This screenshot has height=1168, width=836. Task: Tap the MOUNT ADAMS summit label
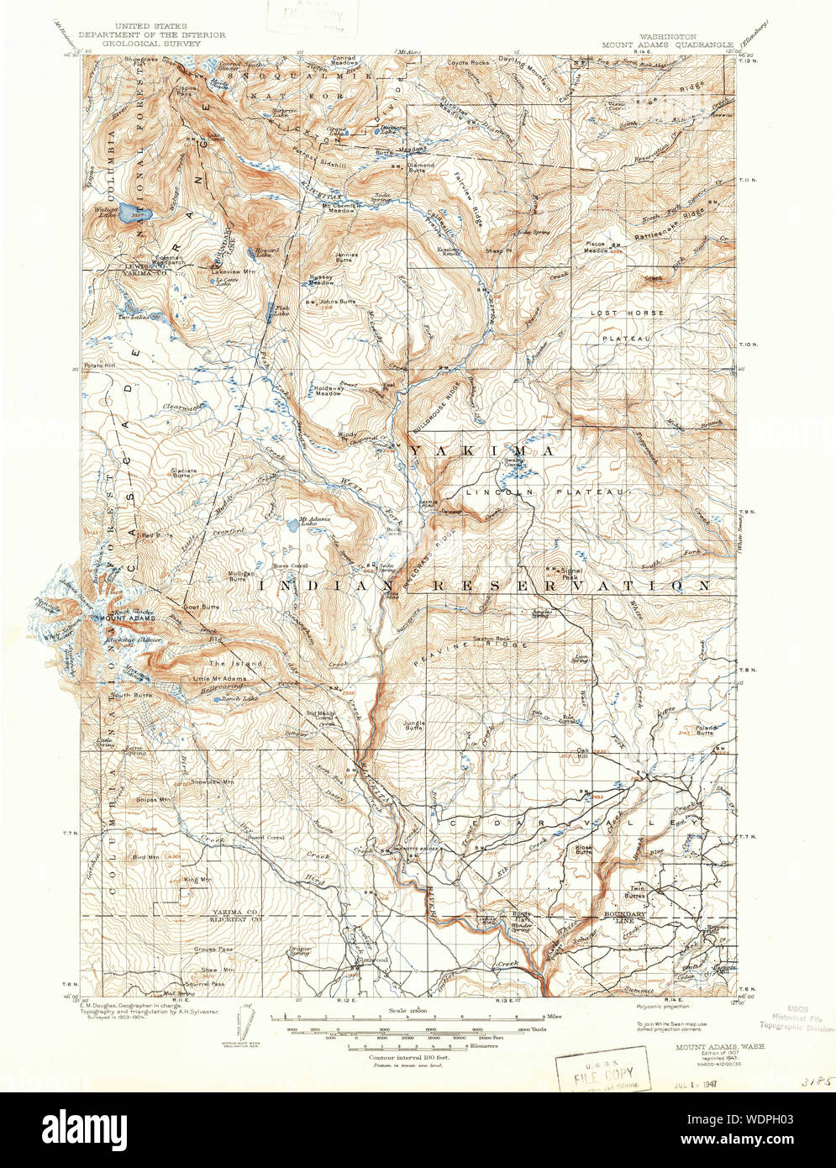pyautogui.click(x=125, y=619)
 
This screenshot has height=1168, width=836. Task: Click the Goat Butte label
pyautogui.click(x=202, y=606)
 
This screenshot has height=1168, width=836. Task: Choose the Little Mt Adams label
pyautogui.click(x=216, y=677)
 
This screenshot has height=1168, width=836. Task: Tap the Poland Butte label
pyautogui.click(x=704, y=729)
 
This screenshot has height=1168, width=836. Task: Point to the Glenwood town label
pyautogui.click(x=370, y=960)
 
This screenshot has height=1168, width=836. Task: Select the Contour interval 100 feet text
pyautogui.click(x=398, y=1055)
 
